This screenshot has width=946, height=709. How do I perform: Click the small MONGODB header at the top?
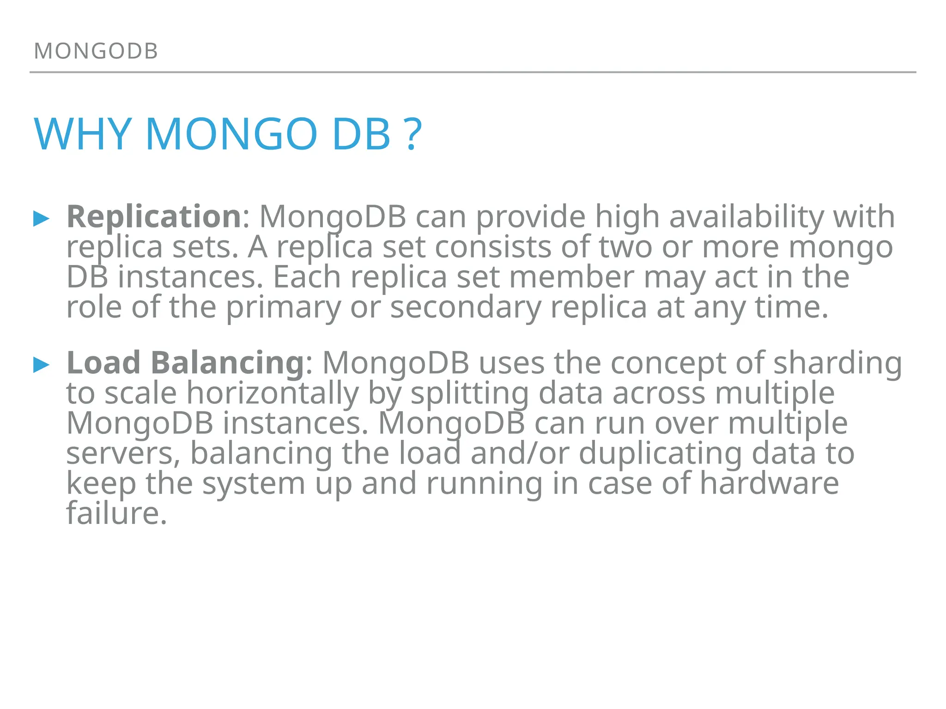pos(96,51)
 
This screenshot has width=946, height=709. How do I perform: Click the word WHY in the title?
pos(83,134)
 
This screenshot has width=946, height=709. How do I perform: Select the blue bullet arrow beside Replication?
pos(42,218)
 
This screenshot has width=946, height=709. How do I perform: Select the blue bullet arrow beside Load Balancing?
pos(42,365)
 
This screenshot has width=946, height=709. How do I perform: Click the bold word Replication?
pos(154,216)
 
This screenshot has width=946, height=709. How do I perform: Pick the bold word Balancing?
pos(227,363)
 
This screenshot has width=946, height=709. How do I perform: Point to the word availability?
pos(746,217)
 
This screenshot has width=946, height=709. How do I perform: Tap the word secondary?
pos(466,307)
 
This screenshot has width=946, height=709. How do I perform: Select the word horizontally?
pos(273,394)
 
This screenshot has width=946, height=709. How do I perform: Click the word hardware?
pos(769,483)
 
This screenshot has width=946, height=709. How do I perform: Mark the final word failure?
pos(116,513)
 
